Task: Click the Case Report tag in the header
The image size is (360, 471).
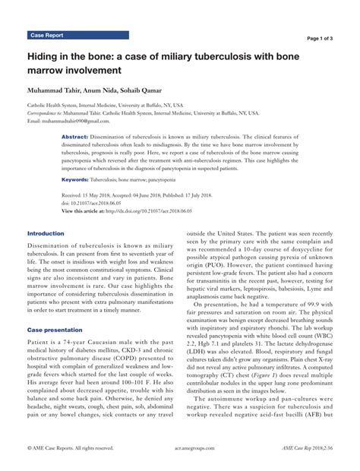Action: click(x=47, y=36)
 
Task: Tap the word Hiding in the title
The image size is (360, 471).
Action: click(x=45, y=57)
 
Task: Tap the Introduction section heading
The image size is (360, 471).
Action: click(x=46, y=233)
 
